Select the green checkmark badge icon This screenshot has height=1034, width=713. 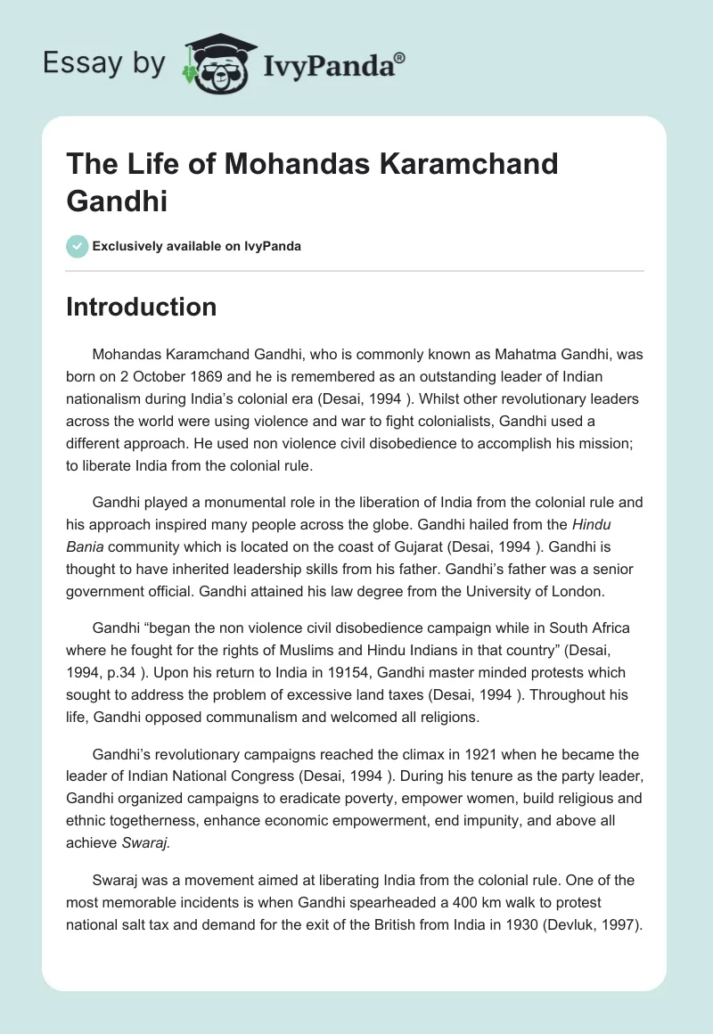(77, 246)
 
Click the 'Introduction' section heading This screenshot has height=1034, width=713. (142, 307)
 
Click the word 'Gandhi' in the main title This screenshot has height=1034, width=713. (117, 201)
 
